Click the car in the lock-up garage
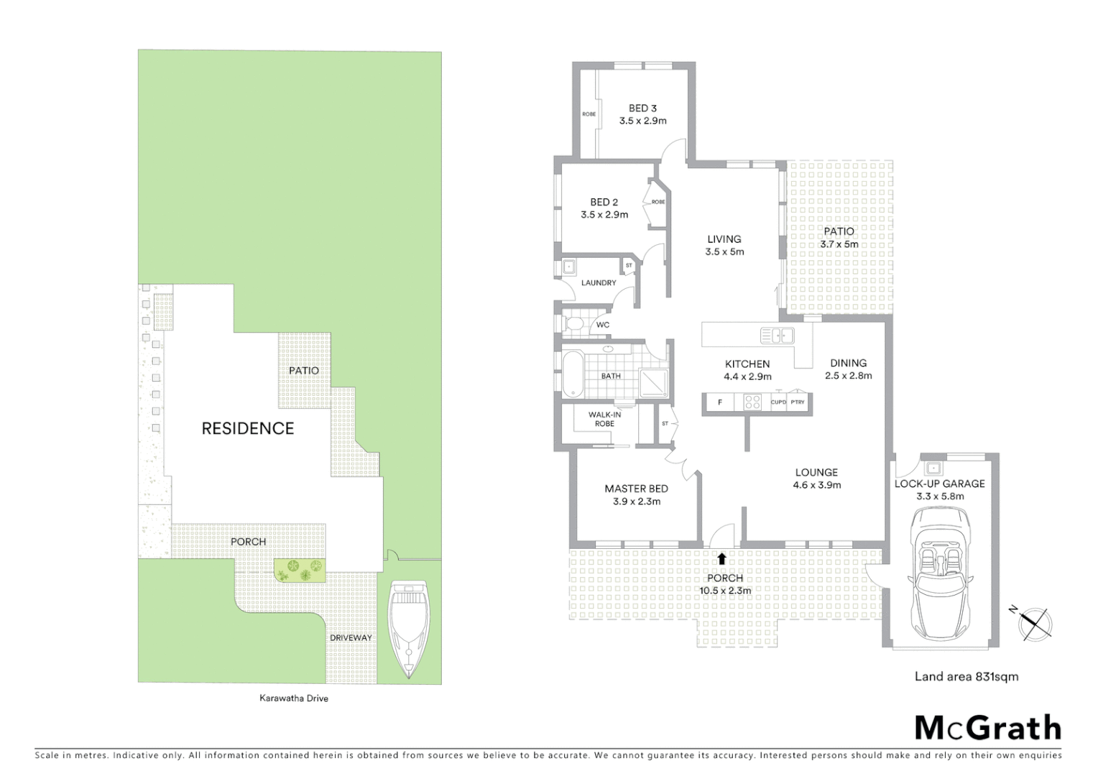click(941, 572)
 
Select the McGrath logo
click(987, 728)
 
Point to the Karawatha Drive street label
click(293, 698)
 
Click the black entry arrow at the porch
click(721, 557)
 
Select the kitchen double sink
click(777, 335)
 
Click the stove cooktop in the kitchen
click(752, 402)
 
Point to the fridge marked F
click(720, 402)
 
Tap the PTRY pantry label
click(798, 402)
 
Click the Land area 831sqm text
click(966, 676)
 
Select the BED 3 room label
click(642, 108)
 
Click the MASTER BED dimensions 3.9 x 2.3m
click(637, 502)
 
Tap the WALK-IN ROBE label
click(604, 419)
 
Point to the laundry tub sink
click(568, 267)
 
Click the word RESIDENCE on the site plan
click(248, 428)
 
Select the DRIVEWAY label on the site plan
click(351, 637)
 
